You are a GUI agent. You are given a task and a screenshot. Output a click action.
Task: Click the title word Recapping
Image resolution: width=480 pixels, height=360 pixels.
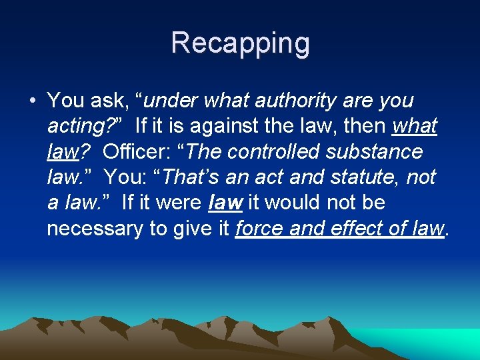click(x=240, y=43)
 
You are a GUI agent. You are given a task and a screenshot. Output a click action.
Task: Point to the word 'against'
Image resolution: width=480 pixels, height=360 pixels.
click(x=223, y=126)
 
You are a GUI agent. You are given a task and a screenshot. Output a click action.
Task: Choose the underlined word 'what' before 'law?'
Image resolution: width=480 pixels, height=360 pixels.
click(x=415, y=126)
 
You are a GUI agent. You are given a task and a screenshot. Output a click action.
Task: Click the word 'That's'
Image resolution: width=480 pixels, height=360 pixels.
click(x=193, y=177)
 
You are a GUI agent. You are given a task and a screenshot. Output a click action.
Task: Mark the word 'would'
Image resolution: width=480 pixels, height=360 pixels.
click(x=295, y=203)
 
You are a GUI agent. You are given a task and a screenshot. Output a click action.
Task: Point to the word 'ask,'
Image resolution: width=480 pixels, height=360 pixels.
click(x=110, y=101)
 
